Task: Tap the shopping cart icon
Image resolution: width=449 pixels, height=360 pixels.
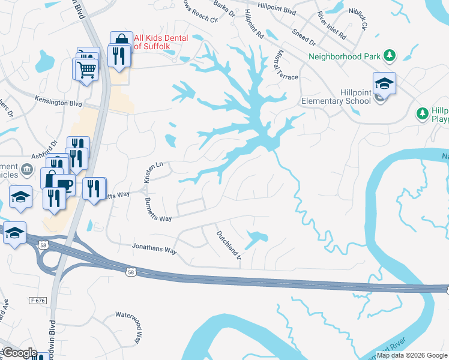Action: point(86,70)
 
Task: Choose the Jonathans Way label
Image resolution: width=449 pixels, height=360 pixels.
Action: point(154,248)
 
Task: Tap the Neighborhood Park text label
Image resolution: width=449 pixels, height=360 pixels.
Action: point(345,57)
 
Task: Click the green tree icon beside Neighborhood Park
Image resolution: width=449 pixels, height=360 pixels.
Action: point(390,56)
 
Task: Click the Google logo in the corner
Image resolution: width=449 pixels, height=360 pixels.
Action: point(19,353)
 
